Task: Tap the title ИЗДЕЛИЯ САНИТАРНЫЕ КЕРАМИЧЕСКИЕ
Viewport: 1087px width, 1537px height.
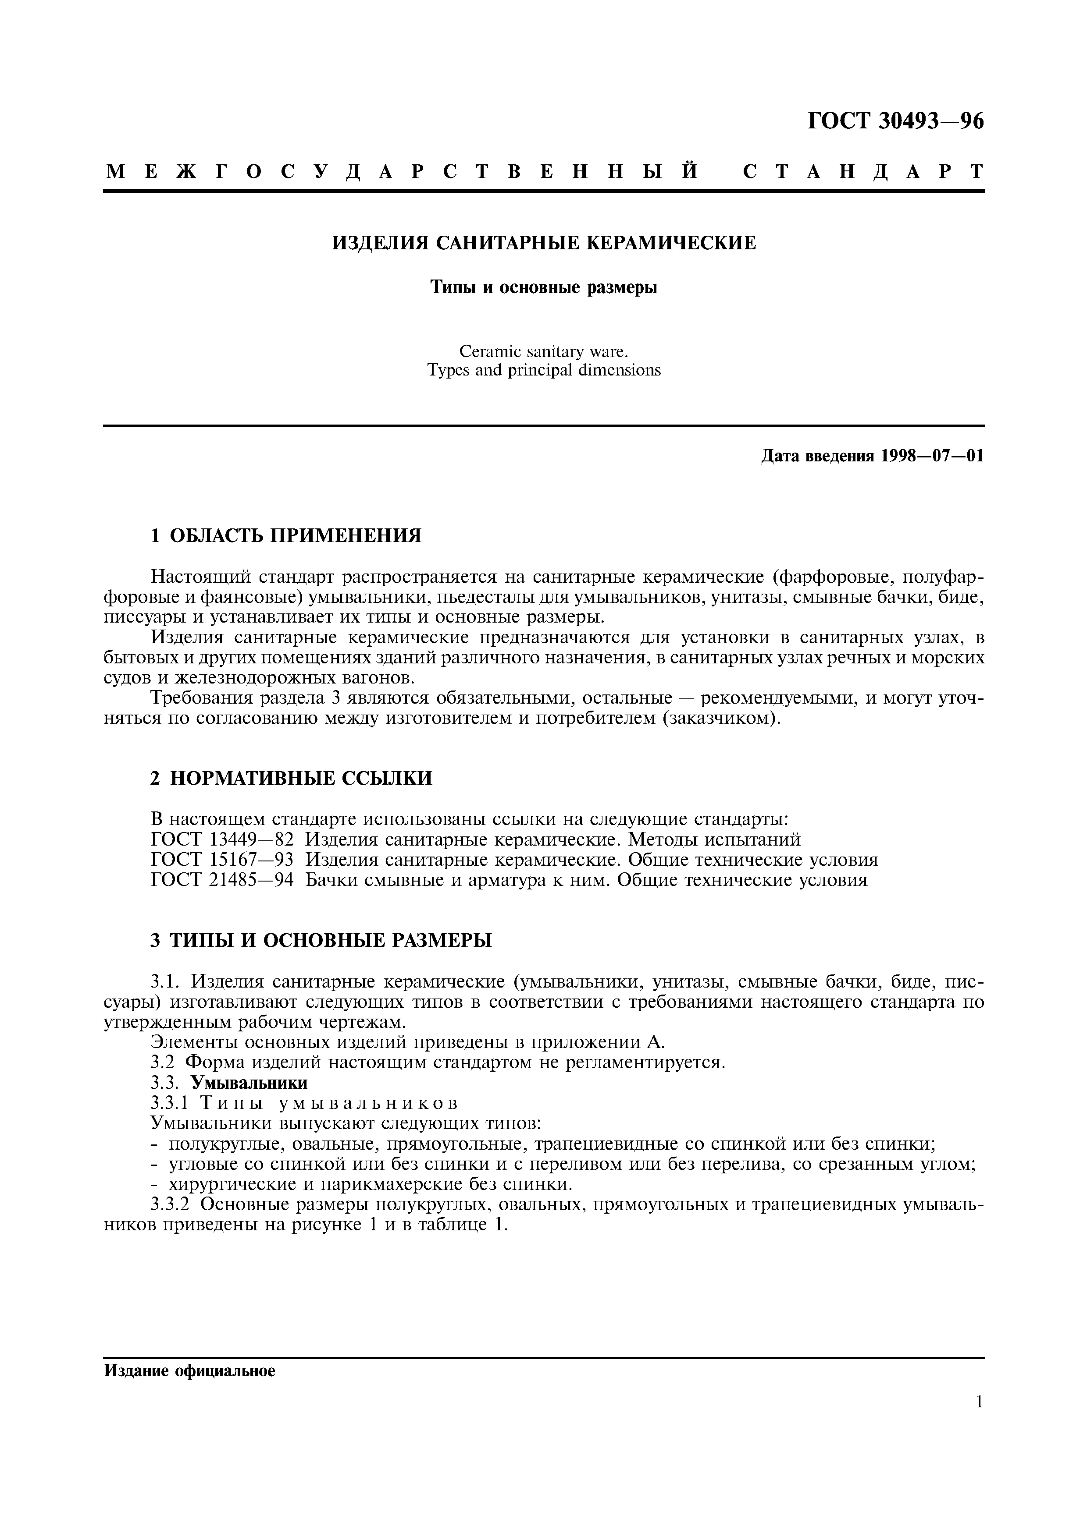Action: [x=544, y=242]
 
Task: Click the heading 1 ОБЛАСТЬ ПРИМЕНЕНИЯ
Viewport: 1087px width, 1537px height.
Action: [x=286, y=535]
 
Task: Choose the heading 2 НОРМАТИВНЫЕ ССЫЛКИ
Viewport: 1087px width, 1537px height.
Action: [x=291, y=778]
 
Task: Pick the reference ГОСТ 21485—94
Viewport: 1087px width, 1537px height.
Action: [x=222, y=880]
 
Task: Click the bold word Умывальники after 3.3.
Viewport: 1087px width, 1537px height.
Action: [x=249, y=1083]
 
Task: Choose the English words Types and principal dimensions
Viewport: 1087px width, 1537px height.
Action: [x=543, y=370]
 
